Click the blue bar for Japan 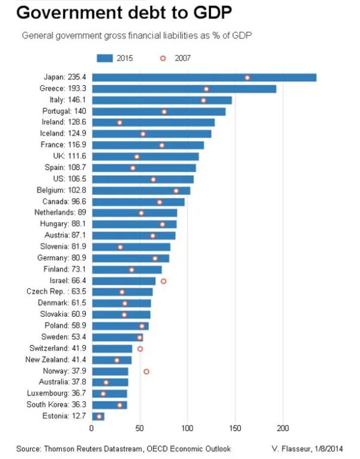click(204, 77)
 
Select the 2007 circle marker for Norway click(146, 371)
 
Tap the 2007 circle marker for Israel click(163, 281)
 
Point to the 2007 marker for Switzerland click(140, 349)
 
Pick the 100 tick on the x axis click(187, 429)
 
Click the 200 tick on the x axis click(283, 429)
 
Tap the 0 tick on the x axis click(92, 429)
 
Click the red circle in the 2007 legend click(162, 58)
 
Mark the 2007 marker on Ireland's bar click(119, 122)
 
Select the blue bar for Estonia click(98, 416)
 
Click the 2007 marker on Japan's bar click(247, 77)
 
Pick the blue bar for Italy click(161, 100)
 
